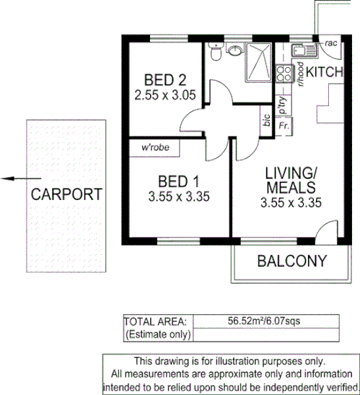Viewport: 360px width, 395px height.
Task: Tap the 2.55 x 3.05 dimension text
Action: (x=164, y=94)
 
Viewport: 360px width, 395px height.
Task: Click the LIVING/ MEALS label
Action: (x=290, y=181)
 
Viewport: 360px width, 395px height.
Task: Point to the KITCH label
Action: (x=324, y=72)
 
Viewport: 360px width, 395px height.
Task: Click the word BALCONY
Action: (x=292, y=261)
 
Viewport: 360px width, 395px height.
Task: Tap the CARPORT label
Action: (x=66, y=194)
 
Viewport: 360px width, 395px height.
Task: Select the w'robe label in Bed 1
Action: (x=154, y=148)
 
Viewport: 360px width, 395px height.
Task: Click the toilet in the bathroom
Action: (x=214, y=53)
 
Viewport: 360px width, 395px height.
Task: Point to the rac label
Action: (x=331, y=44)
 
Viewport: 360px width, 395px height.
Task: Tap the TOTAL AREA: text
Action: (x=157, y=321)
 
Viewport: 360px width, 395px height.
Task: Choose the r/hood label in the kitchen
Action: (x=298, y=74)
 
